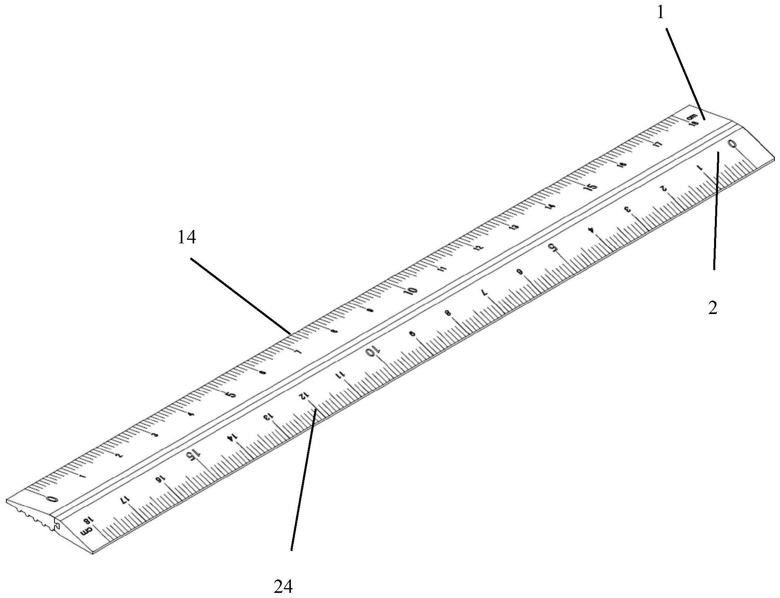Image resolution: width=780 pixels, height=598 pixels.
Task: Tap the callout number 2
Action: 712,308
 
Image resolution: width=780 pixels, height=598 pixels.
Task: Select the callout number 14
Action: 187,238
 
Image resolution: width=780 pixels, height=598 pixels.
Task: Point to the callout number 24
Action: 283,587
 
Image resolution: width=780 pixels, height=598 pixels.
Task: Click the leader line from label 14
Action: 241,296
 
